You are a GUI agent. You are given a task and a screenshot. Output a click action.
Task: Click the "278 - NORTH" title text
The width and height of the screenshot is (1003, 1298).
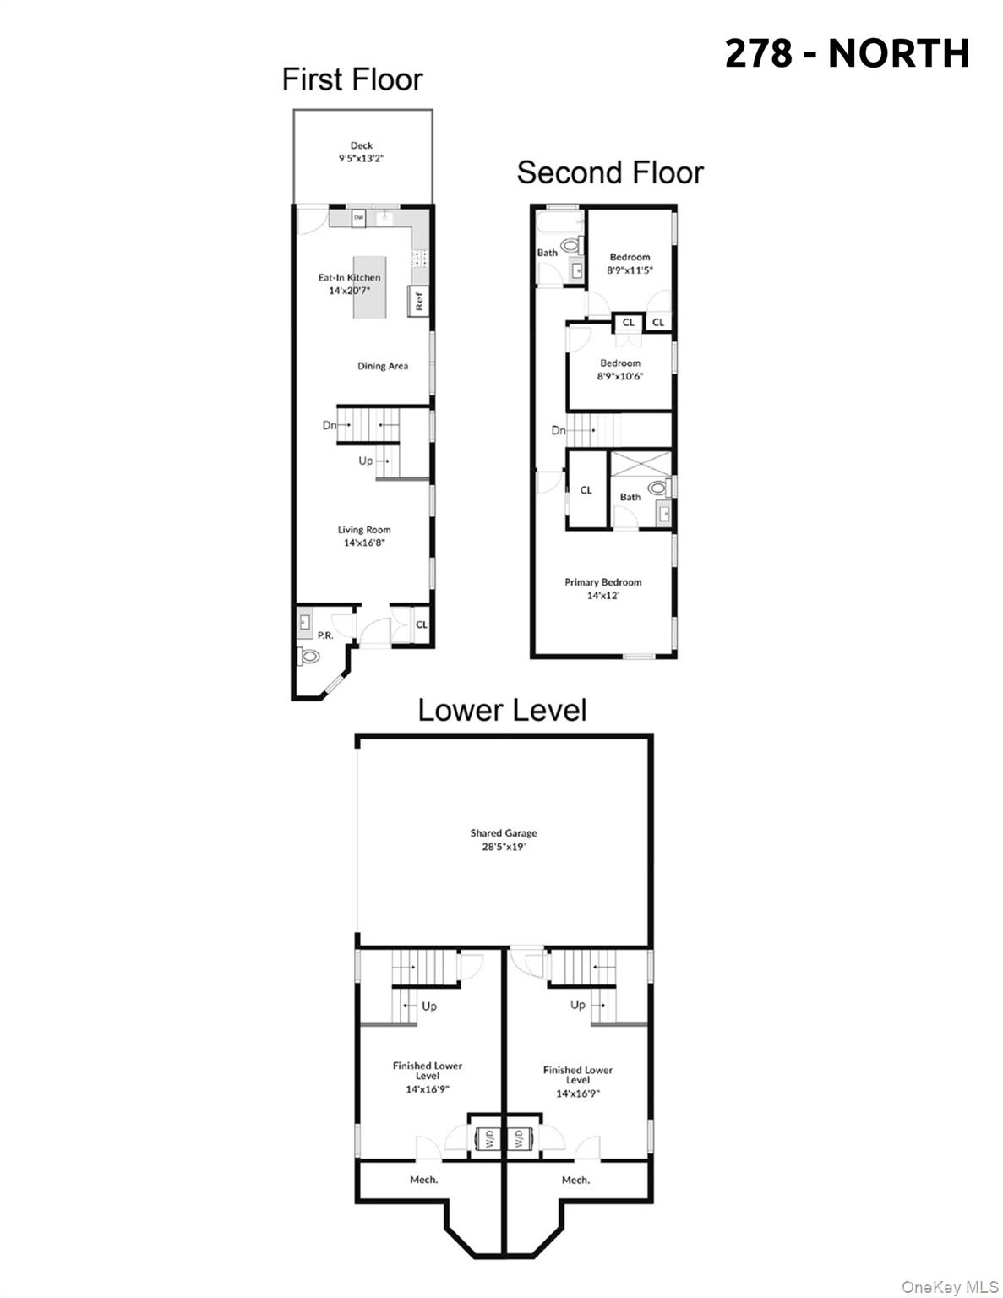coord(847,53)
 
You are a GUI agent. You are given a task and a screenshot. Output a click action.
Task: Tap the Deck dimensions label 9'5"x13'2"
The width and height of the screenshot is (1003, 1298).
coord(361,158)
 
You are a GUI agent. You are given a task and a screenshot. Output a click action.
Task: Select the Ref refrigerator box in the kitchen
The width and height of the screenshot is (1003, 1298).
coord(417,300)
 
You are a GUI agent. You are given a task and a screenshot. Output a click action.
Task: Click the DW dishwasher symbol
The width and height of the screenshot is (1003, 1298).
coord(358,218)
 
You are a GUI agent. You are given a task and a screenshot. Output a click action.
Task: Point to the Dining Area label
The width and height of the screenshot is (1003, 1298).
coord(383,366)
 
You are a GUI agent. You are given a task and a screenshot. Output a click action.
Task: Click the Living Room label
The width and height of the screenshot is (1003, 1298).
coord(364,530)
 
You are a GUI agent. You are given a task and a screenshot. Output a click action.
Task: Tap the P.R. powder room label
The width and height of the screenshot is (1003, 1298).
coord(325,635)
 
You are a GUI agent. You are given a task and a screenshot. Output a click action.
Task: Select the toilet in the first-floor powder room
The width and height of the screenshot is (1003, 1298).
coord(309,656)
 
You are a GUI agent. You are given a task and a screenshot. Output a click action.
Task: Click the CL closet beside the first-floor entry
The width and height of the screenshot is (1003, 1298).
coord(421,624)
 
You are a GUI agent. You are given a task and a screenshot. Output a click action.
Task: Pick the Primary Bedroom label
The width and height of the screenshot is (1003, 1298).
coord(602,582)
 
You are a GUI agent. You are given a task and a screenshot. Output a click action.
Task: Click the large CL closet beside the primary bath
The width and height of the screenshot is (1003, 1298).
coord(586,490)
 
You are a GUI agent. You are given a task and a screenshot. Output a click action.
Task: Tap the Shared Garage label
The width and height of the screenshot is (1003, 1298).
coord(504,833)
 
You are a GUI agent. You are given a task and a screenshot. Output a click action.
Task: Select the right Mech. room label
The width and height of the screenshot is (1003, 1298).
coord(575,1180)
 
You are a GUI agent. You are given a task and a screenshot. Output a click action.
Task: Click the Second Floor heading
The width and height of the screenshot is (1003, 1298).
coord(609,172)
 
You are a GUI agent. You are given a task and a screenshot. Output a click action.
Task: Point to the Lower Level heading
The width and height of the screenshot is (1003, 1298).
coord(502,710)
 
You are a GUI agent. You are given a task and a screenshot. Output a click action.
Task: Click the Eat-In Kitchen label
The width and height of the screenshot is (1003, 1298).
coord(349,277)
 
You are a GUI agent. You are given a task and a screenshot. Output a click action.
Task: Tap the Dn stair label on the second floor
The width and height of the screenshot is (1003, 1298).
coord(558,430)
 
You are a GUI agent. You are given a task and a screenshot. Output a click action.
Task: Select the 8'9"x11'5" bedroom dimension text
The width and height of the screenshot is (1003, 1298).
coord(630,270)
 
